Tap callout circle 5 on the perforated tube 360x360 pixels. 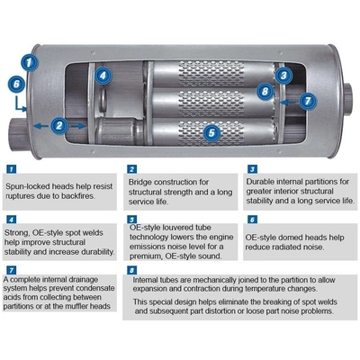(211, 133)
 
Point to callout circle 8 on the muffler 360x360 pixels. (265, 91)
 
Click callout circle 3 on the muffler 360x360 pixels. (283, 76)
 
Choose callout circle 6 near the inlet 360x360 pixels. (14, 83)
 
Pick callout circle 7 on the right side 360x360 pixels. (307, 101)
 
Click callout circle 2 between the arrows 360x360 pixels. (59, 126)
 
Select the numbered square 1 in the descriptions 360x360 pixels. (10, 168)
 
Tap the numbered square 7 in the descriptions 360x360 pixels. (10, 268)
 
